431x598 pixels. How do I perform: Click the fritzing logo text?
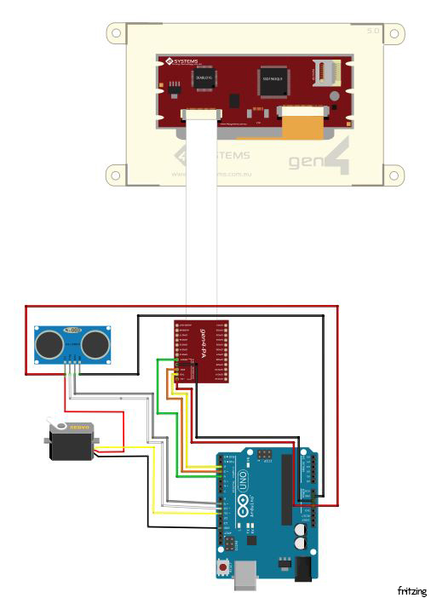point(411,590)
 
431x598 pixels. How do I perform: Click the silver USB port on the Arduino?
point(245,577)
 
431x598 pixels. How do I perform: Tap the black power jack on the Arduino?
point(303,568)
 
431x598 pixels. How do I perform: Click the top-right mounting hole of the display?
point(394,34)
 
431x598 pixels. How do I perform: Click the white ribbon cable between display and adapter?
point(201,221)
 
